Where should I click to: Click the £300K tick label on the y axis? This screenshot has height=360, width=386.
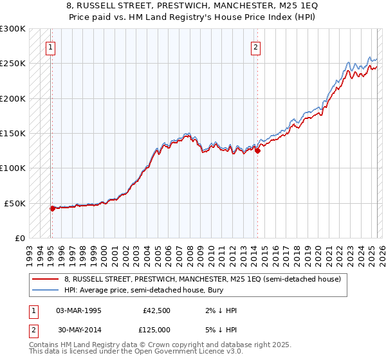(x=13, y=29)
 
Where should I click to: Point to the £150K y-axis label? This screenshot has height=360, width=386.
(x=13, y=133)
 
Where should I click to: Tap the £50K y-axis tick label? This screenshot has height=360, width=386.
(x=15, y=203)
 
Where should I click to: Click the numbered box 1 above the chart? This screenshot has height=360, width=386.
(x=50, y=46)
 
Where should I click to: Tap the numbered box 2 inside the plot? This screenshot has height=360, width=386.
(x=256, y=46)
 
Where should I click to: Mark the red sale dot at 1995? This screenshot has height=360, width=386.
(x=53, y=208)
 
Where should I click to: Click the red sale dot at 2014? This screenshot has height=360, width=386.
(x=257, y=151)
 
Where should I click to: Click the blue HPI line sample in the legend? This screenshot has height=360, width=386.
(x=46, y=290)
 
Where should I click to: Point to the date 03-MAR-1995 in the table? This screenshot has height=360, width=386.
(x=78, y=310)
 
